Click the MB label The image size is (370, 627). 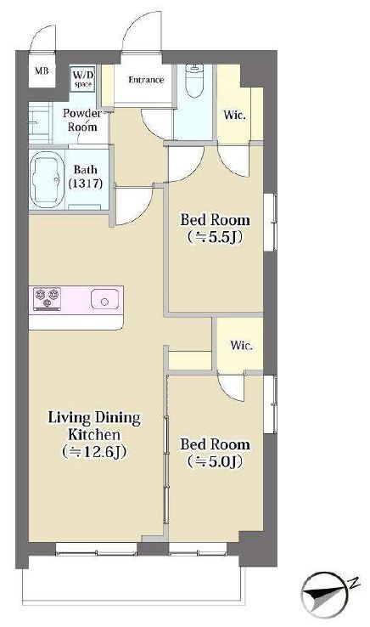(42, 71)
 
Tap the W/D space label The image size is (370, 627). (83, 79)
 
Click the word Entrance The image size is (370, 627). (146, 80)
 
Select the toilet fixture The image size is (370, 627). (194, 81)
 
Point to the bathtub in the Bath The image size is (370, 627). (48, 179)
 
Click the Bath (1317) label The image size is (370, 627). (86, 177)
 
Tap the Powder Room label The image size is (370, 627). (82, 120)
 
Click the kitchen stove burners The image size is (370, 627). (48, 298)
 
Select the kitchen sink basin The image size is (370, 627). (104, 299)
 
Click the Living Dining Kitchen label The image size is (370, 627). (94, 426)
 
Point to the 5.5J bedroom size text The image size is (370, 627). (215, 237)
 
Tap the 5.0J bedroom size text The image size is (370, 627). (215, 462)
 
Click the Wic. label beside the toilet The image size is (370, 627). (234, 116)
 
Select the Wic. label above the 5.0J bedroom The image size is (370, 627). (241, 345)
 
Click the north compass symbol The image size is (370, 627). (323, 594)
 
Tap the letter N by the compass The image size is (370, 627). (353, 584)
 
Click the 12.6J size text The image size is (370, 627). (94, 452)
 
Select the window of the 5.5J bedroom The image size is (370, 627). (271, 223)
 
